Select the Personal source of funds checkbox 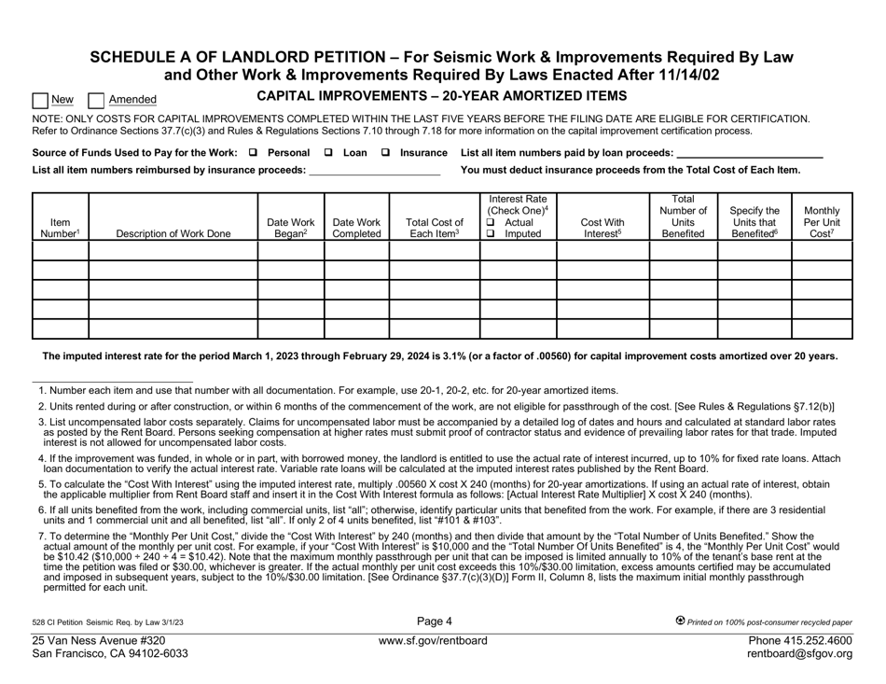tap(255, 152)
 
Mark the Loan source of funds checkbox tap(327, 152)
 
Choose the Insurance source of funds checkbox tap(385, 152)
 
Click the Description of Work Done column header tap(173, 234)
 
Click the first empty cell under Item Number tap(60, 251)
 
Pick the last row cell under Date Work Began tap(290, 328)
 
